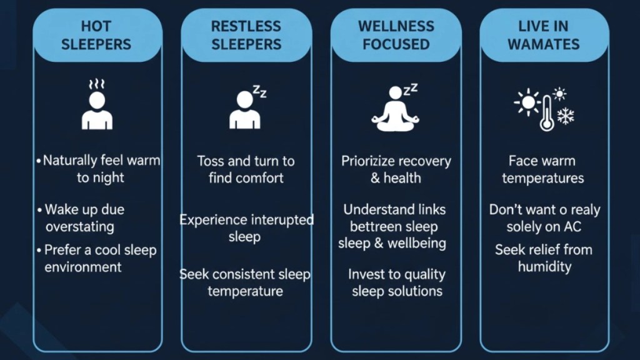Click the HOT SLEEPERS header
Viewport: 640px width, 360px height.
pyautogui.click(x=97, y=35)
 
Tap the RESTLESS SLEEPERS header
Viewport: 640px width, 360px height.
pyautogui.click(x=246, y=35)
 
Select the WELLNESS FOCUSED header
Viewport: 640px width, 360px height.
pyautogui.click(x=396, y=35)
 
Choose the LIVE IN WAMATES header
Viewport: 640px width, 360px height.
pyautogui.click(x=544, y=35)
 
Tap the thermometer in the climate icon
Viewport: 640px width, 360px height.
pyautogui.click(x=546, y=112)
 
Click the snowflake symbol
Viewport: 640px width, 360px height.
pyautogui.click(x=566, y=116)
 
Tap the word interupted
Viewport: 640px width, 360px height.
pyautogui.click(x=282, y=220)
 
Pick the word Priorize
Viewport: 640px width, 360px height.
pyautogui.click(x=369, y=161)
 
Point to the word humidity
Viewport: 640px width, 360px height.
pyautogui.click(x=544, y=267)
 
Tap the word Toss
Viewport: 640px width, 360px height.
pyautogui.click(x=211, y=161)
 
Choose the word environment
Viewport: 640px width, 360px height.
pyautogui.click(x=83, y=267)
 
